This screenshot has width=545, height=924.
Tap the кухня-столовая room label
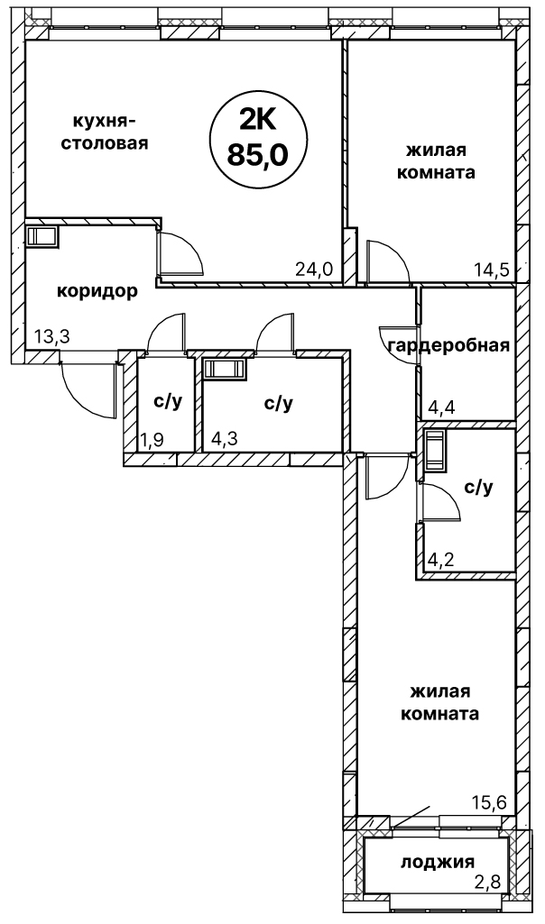click(105, 132)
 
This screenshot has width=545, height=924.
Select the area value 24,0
click(314, 270)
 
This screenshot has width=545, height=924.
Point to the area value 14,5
click(493, 270)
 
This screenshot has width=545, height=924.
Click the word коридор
click(97, 291)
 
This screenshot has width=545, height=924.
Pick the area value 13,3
click(50, 337)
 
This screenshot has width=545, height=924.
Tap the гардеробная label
click(448, 345)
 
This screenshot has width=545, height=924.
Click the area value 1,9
click(152, 440)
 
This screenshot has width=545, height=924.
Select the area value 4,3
click(225, 440)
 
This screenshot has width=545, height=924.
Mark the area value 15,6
click(490, 802)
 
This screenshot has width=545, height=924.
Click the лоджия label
click(438, 862)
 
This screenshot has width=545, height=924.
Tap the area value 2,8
click(487, 883)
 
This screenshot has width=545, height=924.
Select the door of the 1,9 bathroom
click(166, 334)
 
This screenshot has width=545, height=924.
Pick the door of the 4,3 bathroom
click(274, 334)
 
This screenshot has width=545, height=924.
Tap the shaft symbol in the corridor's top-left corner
click(42, 237)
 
